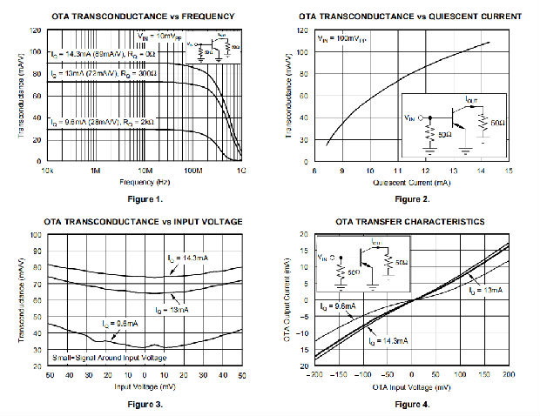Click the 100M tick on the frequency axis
click(x=193, y=171)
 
